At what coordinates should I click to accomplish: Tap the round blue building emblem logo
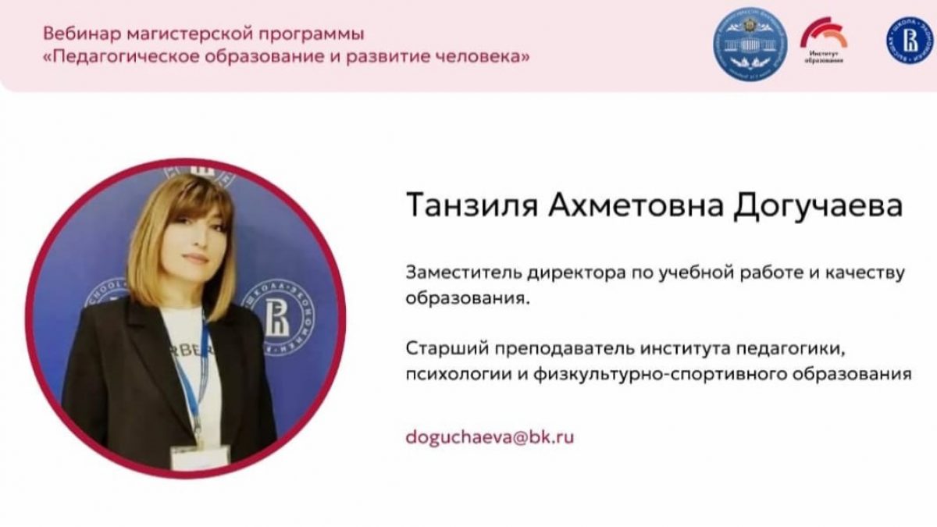pos(750,44)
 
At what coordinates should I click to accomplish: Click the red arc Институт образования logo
pos(824,40)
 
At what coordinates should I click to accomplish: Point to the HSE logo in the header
pos(910,41)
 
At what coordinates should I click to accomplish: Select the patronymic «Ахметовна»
pos(636,206)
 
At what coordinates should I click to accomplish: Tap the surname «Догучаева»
pos(818,207)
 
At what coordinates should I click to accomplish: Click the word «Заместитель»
pos(463,272)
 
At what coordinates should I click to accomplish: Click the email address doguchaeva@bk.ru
pos(490,437)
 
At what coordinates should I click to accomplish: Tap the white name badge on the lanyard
pos(200,458)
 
